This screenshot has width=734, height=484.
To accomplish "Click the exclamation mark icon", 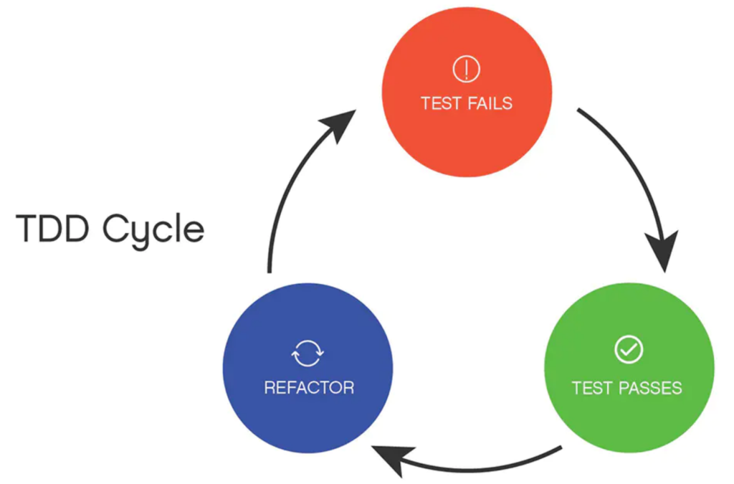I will coord(467,70).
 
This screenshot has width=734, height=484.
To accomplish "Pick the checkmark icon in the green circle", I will coord(629,350).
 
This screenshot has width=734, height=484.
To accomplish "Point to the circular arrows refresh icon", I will coord(308,353).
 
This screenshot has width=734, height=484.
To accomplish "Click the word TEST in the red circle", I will coord(439,103).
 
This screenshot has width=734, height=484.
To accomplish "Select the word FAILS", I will coord(487,103).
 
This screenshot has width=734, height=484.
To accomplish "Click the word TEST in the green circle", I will coord(592,389).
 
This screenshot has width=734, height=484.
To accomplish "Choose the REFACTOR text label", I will coord(309,389).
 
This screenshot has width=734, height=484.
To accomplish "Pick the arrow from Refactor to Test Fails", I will coord(287,194).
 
